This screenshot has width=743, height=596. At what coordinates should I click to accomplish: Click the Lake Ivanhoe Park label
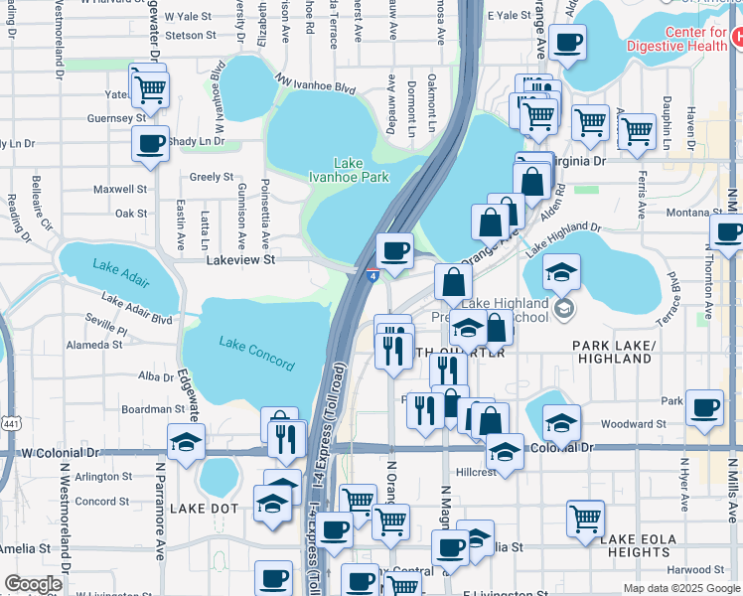coord(348,170)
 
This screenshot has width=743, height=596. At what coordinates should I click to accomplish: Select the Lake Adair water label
coord(119,266)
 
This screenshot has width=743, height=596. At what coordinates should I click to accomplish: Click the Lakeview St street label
coord(239,259)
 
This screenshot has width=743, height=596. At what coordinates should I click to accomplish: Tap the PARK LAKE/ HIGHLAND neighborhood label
coord(613,352)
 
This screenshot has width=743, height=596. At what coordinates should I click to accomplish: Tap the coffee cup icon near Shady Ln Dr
coord(150,142)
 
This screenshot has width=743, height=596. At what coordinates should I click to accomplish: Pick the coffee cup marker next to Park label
coord(704,405)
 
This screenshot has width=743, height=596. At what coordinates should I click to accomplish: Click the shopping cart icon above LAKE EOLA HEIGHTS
coord(586,517)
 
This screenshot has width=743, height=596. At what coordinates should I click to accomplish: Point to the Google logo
coord(33,584)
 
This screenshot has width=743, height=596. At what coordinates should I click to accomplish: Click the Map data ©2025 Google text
coord(681,588)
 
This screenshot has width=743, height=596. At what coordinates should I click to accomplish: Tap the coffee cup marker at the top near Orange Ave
coord(567,42)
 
